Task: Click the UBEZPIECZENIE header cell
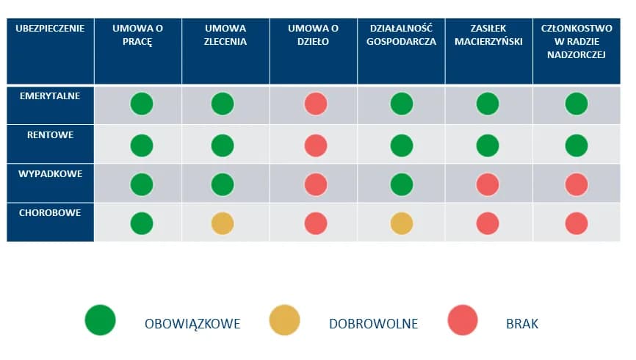pos(50,29)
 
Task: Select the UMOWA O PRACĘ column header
pos(137,35)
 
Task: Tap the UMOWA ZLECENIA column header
pos(225,35)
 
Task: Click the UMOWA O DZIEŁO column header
pos(313,35)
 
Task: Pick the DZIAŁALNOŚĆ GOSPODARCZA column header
pos(401,35)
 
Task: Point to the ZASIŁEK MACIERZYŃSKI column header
pos(488,35)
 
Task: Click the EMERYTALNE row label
pos(50,96)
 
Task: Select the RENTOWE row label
pos(50,135)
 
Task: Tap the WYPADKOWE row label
pos(50,173)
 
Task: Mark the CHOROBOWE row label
pos(50,212)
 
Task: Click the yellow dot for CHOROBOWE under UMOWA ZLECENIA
pos(223,223)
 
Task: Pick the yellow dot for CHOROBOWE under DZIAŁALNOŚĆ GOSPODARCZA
pos(401,223)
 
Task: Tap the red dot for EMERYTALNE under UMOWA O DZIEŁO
pos(316,104)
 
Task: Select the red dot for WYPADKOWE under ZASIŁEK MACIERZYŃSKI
pos(488,184)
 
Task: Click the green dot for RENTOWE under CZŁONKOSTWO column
pos(577,145)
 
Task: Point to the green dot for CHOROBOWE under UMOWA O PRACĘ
pos(142,223)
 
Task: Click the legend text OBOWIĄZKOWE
pos(192,323)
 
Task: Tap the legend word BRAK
pos(522,323)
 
